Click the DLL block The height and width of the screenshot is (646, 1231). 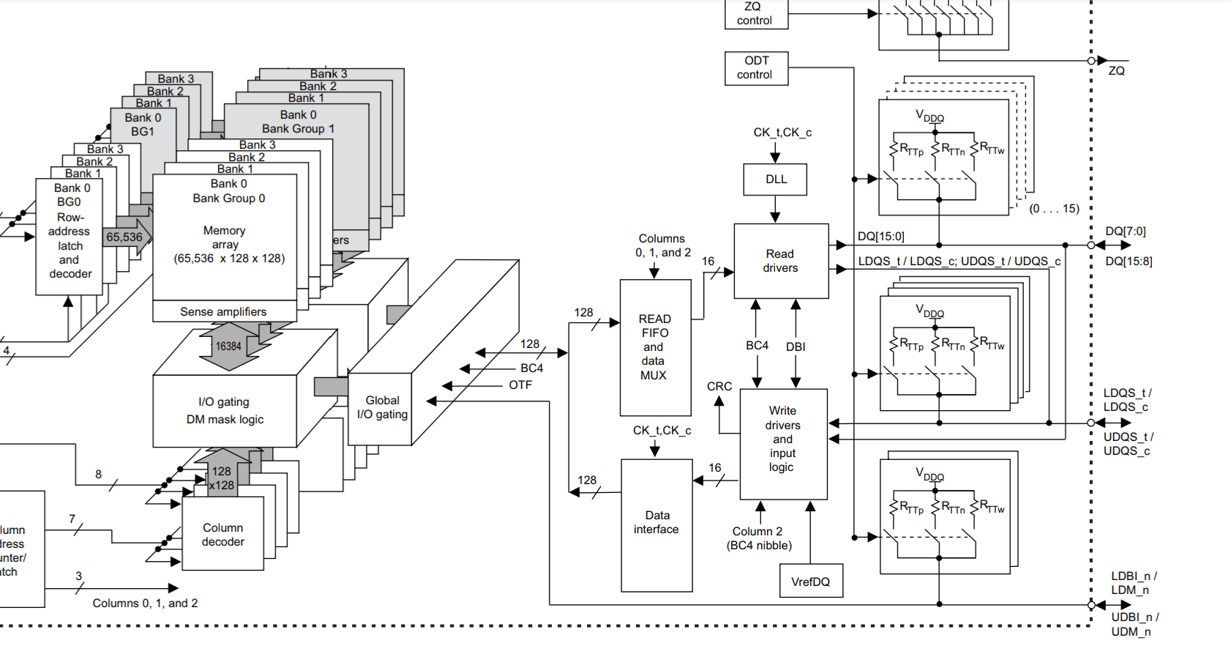point(775,179)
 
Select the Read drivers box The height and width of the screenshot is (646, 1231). point(781,261)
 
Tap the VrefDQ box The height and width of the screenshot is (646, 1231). point(811,582)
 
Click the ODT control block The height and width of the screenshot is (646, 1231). point(756,68)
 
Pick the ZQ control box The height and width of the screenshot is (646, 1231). point(756,14)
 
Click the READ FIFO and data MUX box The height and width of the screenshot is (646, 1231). point(655,347)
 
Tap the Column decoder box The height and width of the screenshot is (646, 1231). point(222,534)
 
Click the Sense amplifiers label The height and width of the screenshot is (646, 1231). point(223,312)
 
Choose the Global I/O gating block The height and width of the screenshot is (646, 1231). point(381,408)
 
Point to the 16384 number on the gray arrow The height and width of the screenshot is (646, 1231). point(228,346)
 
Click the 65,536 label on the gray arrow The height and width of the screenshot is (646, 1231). point(124,237)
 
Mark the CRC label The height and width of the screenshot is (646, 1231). point(719,386)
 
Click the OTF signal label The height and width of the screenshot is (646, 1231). point(520,385)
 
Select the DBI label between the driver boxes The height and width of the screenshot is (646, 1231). point(796,346)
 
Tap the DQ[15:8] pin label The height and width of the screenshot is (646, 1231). point(1129,261)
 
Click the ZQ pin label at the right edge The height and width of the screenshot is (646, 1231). point(1116,71)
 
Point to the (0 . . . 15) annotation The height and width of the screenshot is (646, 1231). point(1054,209)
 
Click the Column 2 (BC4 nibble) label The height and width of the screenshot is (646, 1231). point(759,538)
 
